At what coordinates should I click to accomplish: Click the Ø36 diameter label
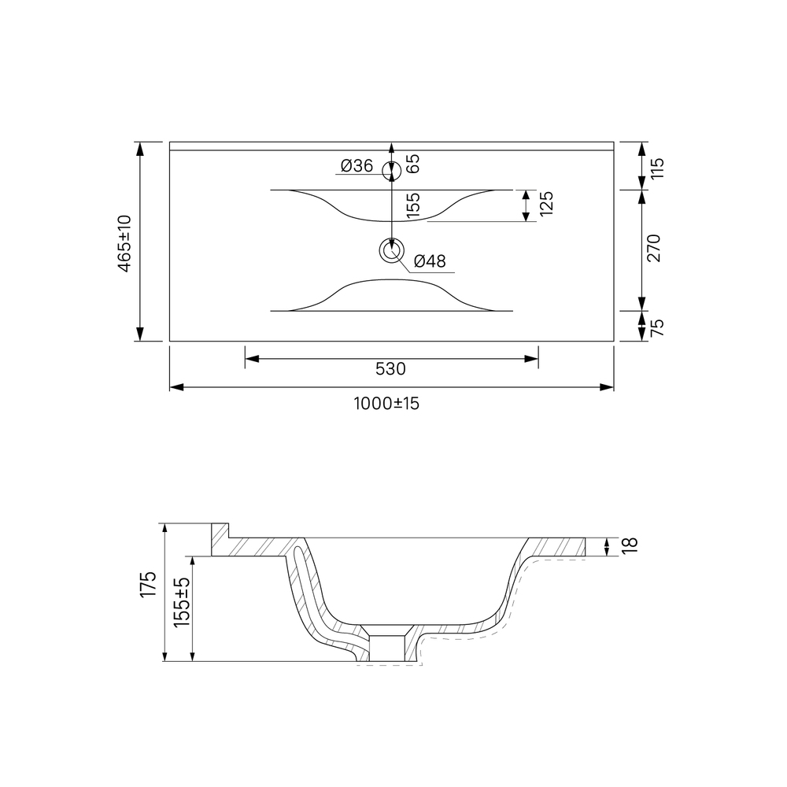click(357, 165)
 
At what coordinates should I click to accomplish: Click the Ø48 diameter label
click(430, 261)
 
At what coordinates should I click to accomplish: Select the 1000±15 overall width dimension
click(386, 403)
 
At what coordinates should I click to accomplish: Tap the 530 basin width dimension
click(390, 369)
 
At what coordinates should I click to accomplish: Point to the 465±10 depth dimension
click(124, 243)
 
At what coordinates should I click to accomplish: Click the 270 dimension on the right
click(654, 248)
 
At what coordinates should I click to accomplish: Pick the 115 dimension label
click(656, 168)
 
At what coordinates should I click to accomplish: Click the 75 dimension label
click(656, 327)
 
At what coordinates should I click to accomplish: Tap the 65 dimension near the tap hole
click(412, 164)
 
